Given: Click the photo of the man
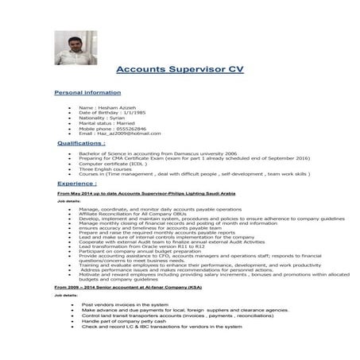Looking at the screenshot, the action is coord(75,48).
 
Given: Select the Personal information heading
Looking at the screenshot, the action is coord(87,93).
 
